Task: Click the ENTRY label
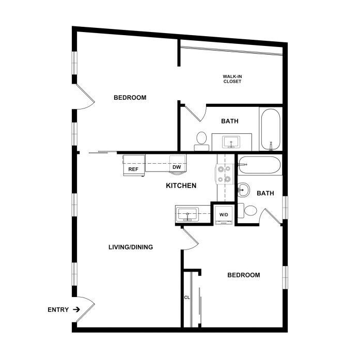click(58, 310)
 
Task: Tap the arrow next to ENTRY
click(76, 310)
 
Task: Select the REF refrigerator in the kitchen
click(134, 165)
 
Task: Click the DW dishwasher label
click(177, 167)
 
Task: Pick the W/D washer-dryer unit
click(224, 215)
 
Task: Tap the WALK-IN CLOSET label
click(232, 79)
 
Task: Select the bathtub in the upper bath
click(271, 129)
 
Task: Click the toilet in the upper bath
click(201, 141)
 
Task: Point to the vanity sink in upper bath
click(231, 142)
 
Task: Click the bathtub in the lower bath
click(259, 165)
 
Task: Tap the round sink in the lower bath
click(243, 190)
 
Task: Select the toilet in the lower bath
click(247, 211)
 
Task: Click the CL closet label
click(187, 298)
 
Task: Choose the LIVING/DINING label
click(131, 247)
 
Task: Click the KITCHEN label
click(181, 185)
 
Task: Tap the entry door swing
click(85, 309)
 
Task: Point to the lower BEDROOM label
click(244, 275)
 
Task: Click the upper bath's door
click(196, 113)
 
